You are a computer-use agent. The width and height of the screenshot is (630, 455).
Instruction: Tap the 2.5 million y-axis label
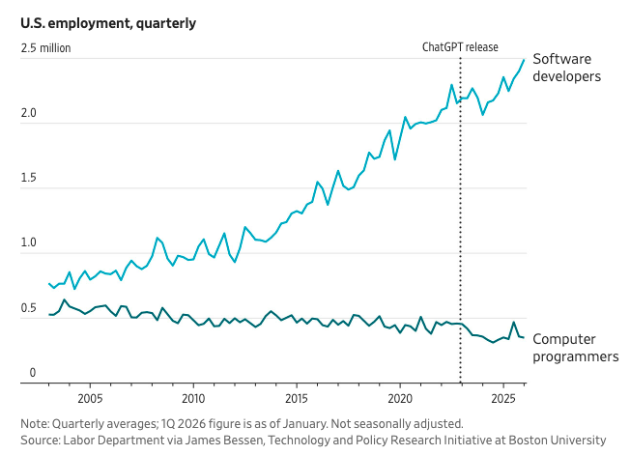coord(46,47)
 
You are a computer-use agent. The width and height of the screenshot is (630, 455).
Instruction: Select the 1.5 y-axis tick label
coord(29,179)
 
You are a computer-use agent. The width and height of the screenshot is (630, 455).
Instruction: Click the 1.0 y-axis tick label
coord(29,243)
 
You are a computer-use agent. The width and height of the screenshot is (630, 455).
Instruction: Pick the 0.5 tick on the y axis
coord(29,308)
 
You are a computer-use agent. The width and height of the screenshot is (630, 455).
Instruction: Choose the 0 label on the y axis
coord(32,373)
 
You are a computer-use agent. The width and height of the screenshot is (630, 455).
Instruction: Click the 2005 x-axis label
coord(90,398)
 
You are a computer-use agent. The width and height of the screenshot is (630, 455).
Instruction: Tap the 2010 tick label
coord(193,398)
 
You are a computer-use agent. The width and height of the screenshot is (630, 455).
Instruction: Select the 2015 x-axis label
coord(297,398)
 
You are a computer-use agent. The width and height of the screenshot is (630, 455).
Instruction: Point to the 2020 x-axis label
coord(400,398)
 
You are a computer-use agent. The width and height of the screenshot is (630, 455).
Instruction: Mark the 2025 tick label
coord(502,398)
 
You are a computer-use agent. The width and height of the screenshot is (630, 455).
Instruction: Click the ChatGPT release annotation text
coord(460,47)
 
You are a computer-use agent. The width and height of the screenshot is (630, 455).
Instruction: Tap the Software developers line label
coord(567,67)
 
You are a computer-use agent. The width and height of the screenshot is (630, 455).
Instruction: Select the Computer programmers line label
coord(576,348)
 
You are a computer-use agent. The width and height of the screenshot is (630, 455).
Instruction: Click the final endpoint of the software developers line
coord(524,60)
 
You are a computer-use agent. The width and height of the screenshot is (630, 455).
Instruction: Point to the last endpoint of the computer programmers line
coord(524,337)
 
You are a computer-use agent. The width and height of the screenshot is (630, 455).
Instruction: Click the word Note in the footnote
coord(36,423)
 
